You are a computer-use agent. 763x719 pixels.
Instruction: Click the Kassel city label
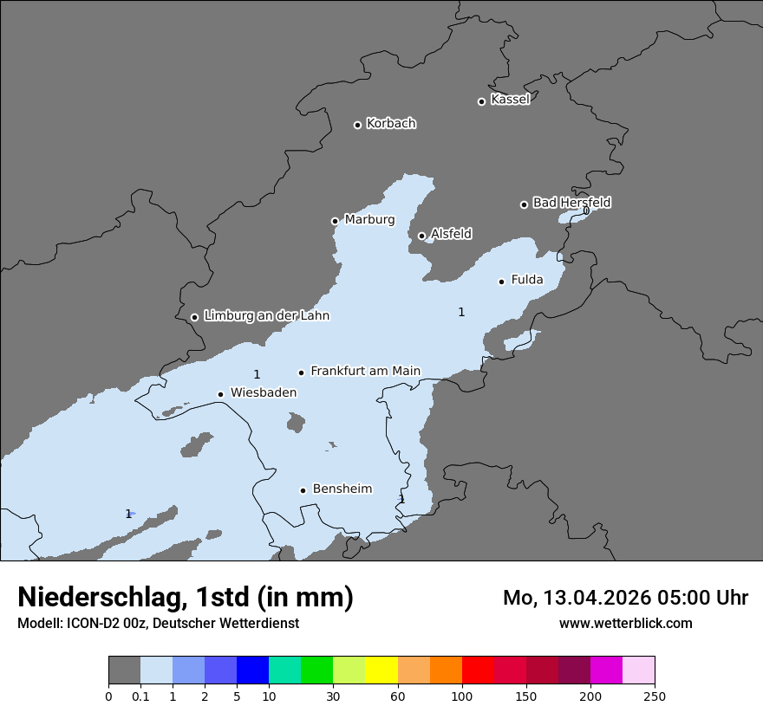click(x=510, y=100)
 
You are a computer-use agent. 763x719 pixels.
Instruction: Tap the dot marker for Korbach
click(x=357, y=125)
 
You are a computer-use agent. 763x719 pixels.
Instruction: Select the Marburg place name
click(x=369, y=220)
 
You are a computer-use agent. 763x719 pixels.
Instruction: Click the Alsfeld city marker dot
click(x=421, y=236)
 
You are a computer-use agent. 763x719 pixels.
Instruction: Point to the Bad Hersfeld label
click(x=571, y=203)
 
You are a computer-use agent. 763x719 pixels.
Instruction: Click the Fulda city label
click(x=527, y=280)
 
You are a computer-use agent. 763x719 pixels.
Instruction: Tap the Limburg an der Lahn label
click(x=266, y=316)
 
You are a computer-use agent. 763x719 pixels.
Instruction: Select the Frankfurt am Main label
click(x=365, y=371)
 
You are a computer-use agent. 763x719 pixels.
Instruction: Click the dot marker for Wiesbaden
click(x=220, y=394)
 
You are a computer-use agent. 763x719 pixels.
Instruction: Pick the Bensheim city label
click(x=342, y=489)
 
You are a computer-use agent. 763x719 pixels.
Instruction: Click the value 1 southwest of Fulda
click(x=461, y=312)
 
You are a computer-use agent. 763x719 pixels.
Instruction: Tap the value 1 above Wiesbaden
click(x=257, y=374)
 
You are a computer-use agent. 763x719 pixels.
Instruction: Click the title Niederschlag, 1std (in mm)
click(x=186, y=597)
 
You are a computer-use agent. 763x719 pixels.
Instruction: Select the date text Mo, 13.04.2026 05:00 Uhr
click(x=625, y=598)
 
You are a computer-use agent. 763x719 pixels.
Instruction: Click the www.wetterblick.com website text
click(x=625, y=623)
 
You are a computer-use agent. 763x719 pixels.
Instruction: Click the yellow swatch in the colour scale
click(x=381, y=670)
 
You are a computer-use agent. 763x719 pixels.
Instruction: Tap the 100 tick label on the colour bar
click(x=462, y=696)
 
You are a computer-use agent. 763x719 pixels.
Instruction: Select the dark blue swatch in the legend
click(x=252, y=670)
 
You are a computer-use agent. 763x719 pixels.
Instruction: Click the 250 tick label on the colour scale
click(x=655, y=696)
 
